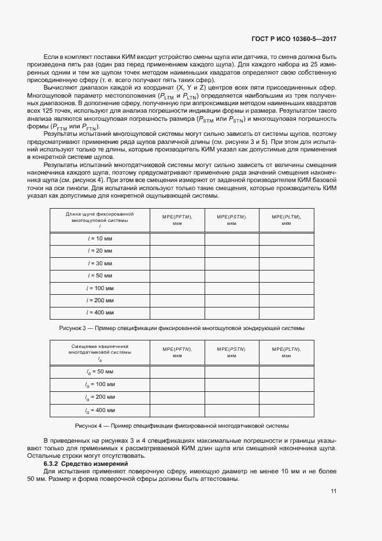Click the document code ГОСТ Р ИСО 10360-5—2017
pos(294,39)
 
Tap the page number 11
pos(333,491)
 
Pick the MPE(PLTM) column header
pos(286,219)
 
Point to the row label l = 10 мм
pos(100,238)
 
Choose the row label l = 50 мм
pos(100,275)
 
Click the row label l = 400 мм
pos(100,312)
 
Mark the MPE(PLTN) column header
pos(286,353)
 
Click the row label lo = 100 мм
pos(100,384)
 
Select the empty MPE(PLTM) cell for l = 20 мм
pos(286,250)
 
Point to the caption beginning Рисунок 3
pos(182,328)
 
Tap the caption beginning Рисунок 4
pos(182,426)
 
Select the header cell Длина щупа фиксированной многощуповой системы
pos(100,220)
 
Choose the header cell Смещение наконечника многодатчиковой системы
pos(100,353)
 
